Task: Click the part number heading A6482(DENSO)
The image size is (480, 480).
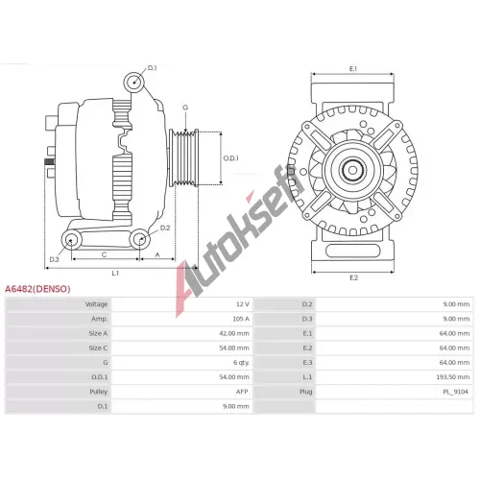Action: [x=37, y=289]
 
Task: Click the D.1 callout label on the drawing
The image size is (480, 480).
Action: [x=153, y=68]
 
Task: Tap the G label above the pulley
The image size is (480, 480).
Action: [x=185, y=108]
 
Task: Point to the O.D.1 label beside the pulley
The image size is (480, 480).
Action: [x=230, y=158]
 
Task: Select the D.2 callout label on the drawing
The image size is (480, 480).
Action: [x=165, y=228]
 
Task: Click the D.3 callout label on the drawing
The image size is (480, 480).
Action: [x=54, y=259]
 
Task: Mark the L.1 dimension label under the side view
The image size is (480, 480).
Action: [x=115, y=274]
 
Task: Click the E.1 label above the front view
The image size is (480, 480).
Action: [x=353, y=68]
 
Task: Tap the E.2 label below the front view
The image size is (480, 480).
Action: [x=353, y=277]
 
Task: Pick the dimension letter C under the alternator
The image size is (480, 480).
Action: [x=104, y=254]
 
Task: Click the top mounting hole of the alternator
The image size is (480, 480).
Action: [x=133, y=82]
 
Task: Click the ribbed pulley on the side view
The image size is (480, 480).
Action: [x=184, y=157]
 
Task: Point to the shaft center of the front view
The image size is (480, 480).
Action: [x=352, y=170]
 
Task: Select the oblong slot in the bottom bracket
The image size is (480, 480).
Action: [x=353, y=251]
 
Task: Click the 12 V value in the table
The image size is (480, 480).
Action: [x=243, y=304]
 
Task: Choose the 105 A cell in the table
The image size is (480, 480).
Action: [x=241, y=319]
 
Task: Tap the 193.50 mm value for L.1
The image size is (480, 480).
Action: [x=453, y=377]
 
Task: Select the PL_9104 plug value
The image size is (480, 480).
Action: [x=455, y=392]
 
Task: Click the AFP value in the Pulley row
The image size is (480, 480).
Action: [x=242, y=392]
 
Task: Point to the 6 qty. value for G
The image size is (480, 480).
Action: [x=241, y=363]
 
